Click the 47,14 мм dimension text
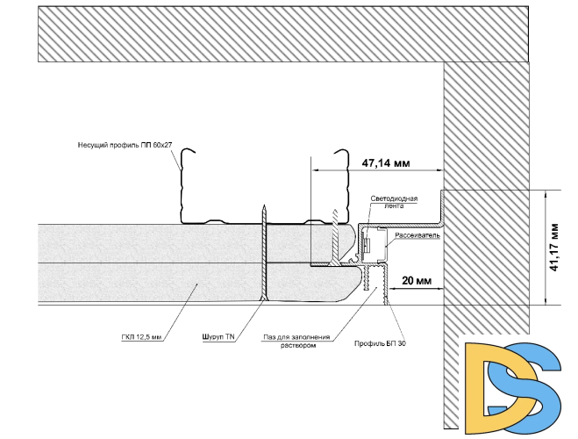click(386, 162)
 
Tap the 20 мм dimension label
click(417, 281)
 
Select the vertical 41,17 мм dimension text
click(554, 248)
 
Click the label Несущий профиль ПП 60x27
click(125, 145)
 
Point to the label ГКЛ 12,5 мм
click(141, 337)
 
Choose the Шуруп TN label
click(218, 337)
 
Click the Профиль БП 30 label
click(380, 343)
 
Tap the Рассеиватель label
click(417, 235)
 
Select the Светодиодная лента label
click(394, 202)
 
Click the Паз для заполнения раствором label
click(296, 341)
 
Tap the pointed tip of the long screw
click(264, 205)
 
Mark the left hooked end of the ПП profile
click(188, 150)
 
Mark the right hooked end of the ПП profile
click(341, 151)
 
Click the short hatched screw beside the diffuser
click(335, 236)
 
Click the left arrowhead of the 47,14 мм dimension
click(315, 170)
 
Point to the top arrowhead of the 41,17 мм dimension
click(546, 194)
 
